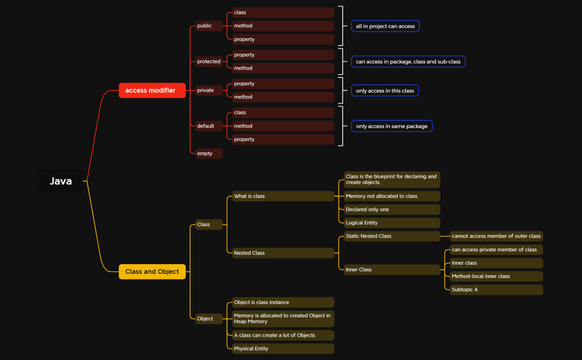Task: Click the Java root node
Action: click(x=61, y=181)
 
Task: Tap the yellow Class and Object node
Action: click(x=152, y=271)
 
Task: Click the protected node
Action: click(x=208, y=61)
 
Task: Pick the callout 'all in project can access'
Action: click(x=385, y=26)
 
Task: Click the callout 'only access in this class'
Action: click(x=385, y=90)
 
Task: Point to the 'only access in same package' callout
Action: click(x=391, y=126)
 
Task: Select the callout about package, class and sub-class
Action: click(x=408, y=61)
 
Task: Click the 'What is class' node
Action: click(x=283, y=196)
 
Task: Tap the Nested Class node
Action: click(x=283, y=253)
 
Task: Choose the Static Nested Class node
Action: click(x=391, y=236)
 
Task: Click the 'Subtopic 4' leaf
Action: click(x=496, y=290)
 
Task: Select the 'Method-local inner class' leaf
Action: click(x=496, y=276)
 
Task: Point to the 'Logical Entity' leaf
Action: click(x=391, y=223)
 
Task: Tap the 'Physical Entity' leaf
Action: click(x=283, y=348)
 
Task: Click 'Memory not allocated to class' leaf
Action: click(x=391, y=196)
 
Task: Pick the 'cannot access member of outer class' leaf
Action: click(x=496, y=236)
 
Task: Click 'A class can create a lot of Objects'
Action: click(x=283, y=335)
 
